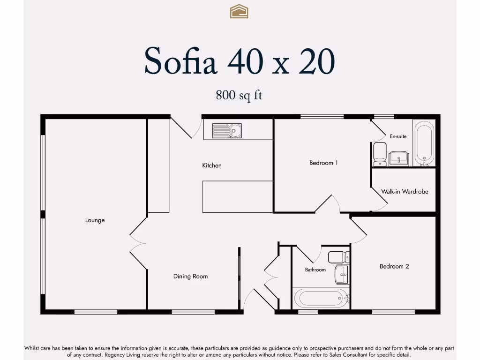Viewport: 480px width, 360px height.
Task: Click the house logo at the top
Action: coord(239,11)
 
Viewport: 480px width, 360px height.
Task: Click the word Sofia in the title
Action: coord(180,61)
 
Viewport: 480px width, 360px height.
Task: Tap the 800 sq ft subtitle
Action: coord(239,95)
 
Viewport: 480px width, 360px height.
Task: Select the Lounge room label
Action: coord(95,220)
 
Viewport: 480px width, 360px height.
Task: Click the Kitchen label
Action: coord(212,165)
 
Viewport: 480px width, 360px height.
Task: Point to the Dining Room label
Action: coord(190,277)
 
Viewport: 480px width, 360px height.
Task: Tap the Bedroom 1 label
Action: coord(323,163)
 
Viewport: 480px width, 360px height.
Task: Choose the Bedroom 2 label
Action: coord(394,266)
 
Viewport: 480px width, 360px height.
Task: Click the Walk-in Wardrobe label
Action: coord(405,192)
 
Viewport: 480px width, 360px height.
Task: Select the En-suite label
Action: coord(398,136)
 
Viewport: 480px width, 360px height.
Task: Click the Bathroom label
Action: coord(315,270)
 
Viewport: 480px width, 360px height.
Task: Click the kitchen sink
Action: coord(227,131)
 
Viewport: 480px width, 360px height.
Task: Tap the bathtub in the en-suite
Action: coord(425,143)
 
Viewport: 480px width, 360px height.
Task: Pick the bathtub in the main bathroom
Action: coord(321,298)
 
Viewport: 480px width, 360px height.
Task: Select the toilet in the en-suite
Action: coord(380,154)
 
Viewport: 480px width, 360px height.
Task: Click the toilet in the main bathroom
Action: coord(338,257)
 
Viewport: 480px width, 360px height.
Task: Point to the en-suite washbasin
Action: coord(399,158)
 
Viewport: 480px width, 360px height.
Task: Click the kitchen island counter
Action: coord(238,196)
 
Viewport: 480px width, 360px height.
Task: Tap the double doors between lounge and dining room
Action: coord(138,244)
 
